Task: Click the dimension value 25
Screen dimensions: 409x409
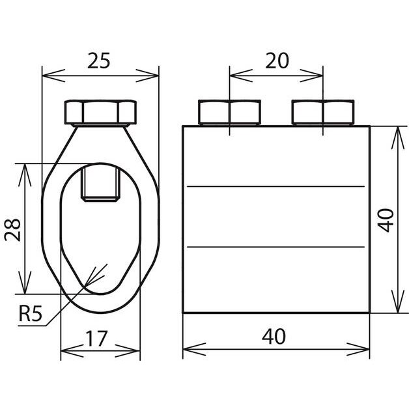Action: [98, 61]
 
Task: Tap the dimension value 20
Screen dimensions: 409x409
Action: [277, 61]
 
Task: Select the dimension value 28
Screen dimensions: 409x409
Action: [12, 230]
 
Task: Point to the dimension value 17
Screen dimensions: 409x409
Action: [96, 338]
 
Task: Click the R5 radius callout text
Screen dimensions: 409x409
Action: [30, 313]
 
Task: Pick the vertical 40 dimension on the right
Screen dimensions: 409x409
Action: [386, 220]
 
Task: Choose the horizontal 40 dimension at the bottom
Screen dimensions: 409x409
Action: [274, 337]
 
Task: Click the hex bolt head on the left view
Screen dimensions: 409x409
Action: [100, 112]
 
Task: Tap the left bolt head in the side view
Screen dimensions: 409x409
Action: [229, 112]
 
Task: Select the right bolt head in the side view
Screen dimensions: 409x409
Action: [323, 112]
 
